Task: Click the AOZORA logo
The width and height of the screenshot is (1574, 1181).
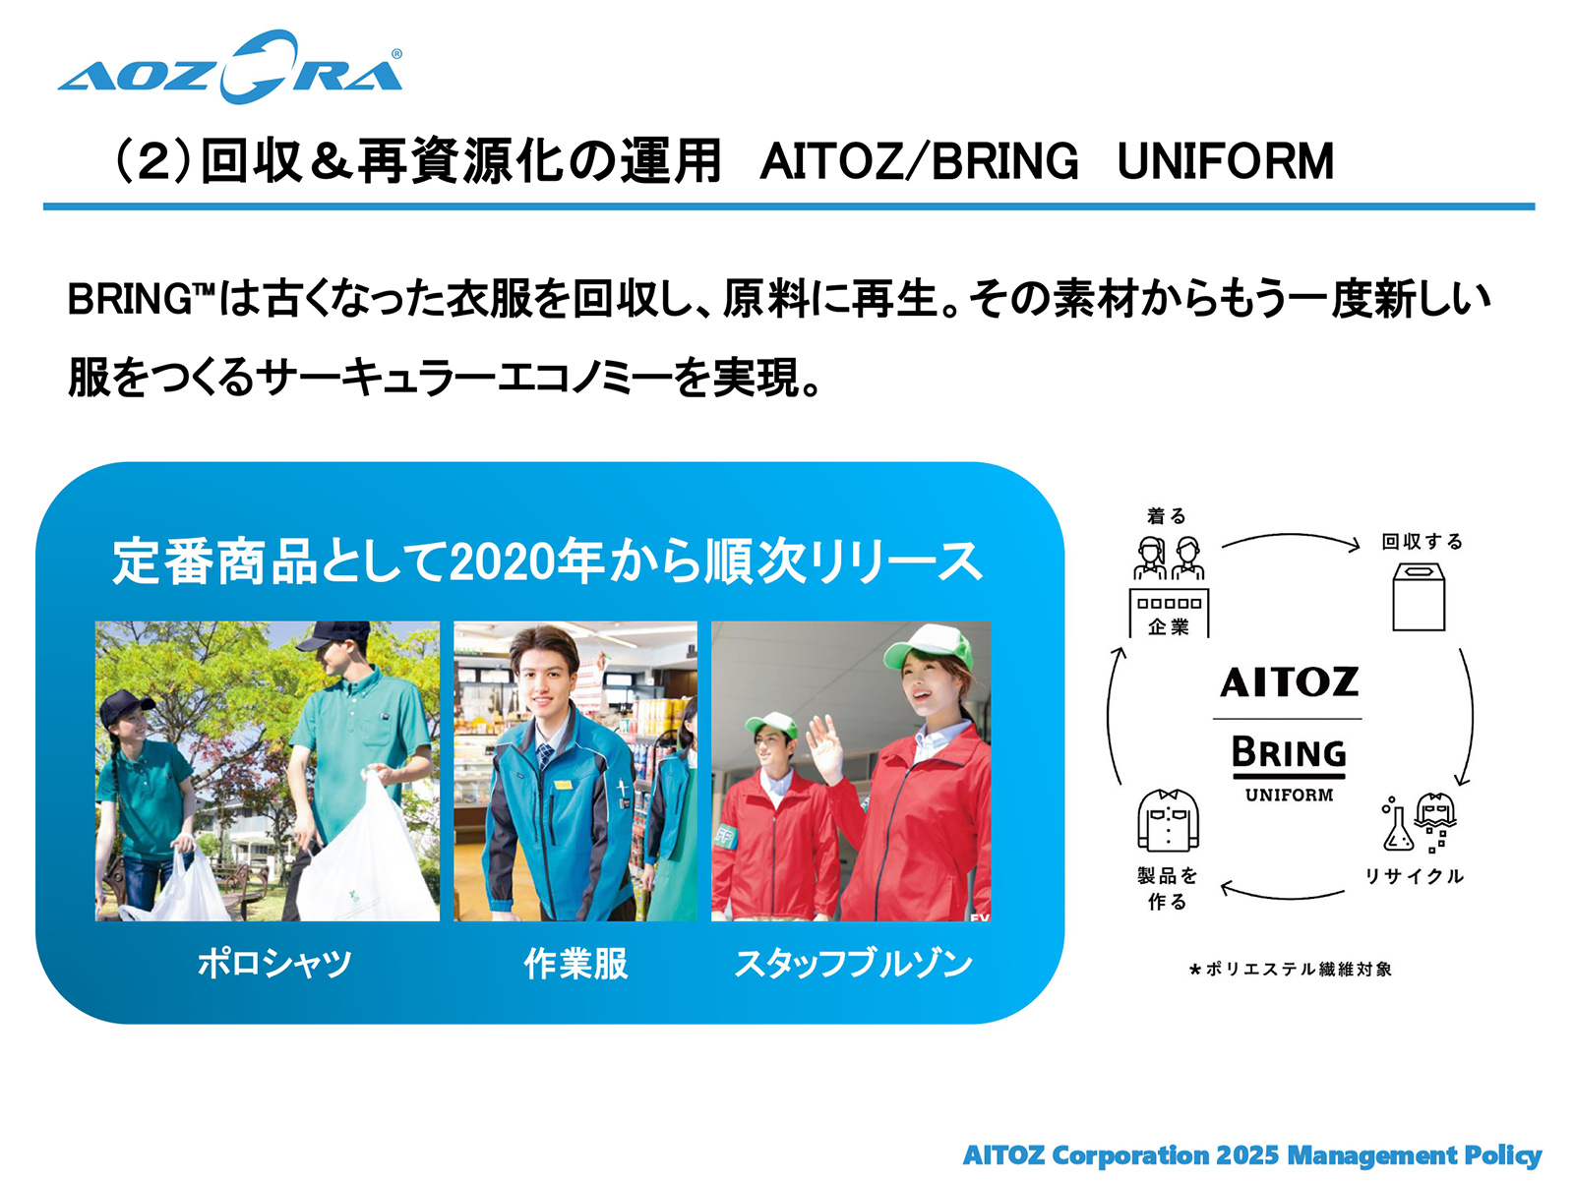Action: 230,67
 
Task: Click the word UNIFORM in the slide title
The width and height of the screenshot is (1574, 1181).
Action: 1226,161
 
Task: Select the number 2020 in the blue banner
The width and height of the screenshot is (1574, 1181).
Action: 496,561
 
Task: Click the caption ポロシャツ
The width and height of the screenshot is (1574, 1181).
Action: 274,963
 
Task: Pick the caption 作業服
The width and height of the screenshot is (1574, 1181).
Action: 575,963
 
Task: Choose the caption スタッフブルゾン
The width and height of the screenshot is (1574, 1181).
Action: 853,963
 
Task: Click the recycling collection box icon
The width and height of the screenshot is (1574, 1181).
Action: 1419,596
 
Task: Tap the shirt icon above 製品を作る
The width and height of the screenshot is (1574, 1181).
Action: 1168,820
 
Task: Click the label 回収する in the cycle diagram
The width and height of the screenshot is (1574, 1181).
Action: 1422,541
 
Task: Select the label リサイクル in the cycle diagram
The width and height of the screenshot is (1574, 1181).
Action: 1414,876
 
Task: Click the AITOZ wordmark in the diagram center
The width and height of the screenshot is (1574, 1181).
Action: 1290,682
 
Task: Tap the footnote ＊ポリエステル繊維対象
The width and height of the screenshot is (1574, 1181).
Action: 1290,970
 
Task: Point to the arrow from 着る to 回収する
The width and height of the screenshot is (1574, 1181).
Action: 1291,535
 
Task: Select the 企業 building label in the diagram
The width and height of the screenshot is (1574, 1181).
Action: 1169,627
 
